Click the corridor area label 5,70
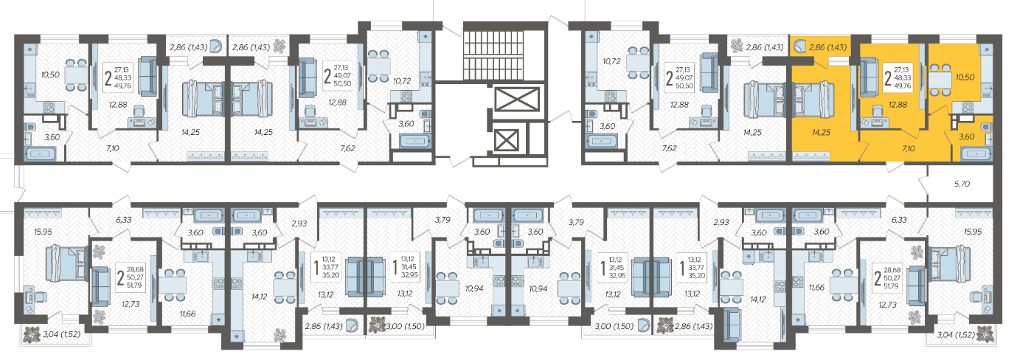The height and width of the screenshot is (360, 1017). [x=962, y=184]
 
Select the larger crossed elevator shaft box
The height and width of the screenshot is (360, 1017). [x=517, y=100]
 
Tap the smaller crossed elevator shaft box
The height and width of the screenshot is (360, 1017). [x=506, y=140]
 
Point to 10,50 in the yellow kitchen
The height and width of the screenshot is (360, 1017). [x=965, y=77]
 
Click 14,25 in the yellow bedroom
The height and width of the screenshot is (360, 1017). [x=821, y=133]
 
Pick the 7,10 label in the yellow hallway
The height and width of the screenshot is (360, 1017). [x=909, y=148]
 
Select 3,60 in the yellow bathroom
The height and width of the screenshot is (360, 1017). [x=966, y=136]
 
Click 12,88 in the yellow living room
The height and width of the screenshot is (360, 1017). [x=898, y=105]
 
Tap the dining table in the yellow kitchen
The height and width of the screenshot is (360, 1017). [x=940, y=80]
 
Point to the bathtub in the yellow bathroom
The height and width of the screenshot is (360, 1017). [x=976, y=154]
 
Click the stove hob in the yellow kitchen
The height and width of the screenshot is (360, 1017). [x=968, y=107]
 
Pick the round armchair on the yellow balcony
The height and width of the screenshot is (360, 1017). [x=799, y=46]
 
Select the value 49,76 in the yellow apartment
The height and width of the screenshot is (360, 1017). [x=902, y=86]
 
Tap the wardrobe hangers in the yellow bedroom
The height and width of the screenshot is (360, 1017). [x=811, y=156]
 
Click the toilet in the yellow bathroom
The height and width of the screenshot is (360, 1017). [x=986, y=126]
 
